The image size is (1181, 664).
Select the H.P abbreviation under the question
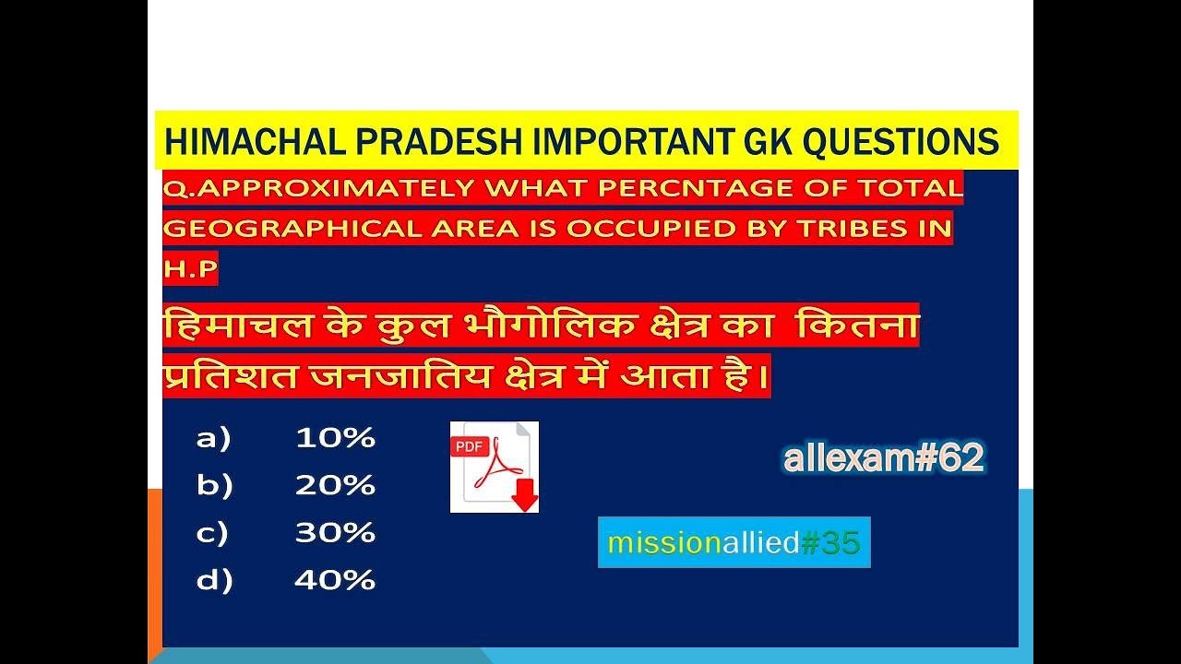pos(190,269)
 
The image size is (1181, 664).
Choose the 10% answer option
pos(335,439)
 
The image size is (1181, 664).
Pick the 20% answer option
pos(335,486)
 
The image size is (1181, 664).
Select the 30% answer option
pos(335,533)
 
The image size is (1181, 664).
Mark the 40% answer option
pos(335,581)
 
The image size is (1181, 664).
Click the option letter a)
pos(213,439)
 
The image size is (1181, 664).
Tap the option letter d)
pos(214,581)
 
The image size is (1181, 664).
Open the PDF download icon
pos(494,467)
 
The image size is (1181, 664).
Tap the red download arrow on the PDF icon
pos(525,494)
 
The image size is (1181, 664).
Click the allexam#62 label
pos(883,458)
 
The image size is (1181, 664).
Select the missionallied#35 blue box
pos(734,542)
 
